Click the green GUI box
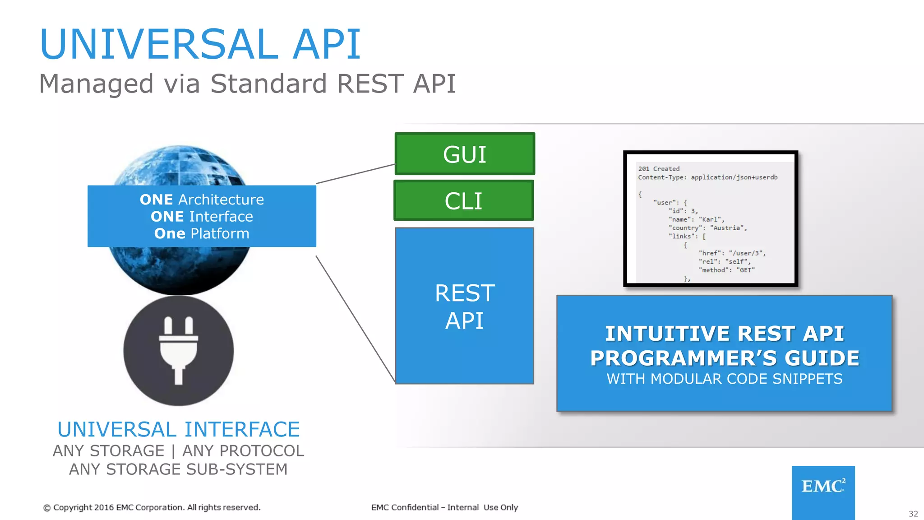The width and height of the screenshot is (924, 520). coord(465,154)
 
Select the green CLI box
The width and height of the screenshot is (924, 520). coord(464,200)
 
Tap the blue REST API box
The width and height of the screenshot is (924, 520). coord(464,306)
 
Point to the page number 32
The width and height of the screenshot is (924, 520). coord(913,514)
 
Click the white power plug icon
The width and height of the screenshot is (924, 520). coord(179,350)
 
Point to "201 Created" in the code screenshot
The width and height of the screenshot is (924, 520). coord(659,169)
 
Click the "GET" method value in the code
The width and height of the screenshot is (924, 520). coord(745,270)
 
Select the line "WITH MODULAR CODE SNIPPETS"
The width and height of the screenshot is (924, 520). coord(724,379)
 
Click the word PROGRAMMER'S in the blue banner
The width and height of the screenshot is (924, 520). coord(684,358)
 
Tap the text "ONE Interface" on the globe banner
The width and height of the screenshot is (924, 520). coord(202,217)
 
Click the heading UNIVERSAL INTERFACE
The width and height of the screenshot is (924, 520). coord(179,429)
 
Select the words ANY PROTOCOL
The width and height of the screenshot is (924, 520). coord(243,450)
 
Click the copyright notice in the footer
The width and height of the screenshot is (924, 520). coord(152,507)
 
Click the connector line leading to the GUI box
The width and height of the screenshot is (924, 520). coord(356,174)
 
